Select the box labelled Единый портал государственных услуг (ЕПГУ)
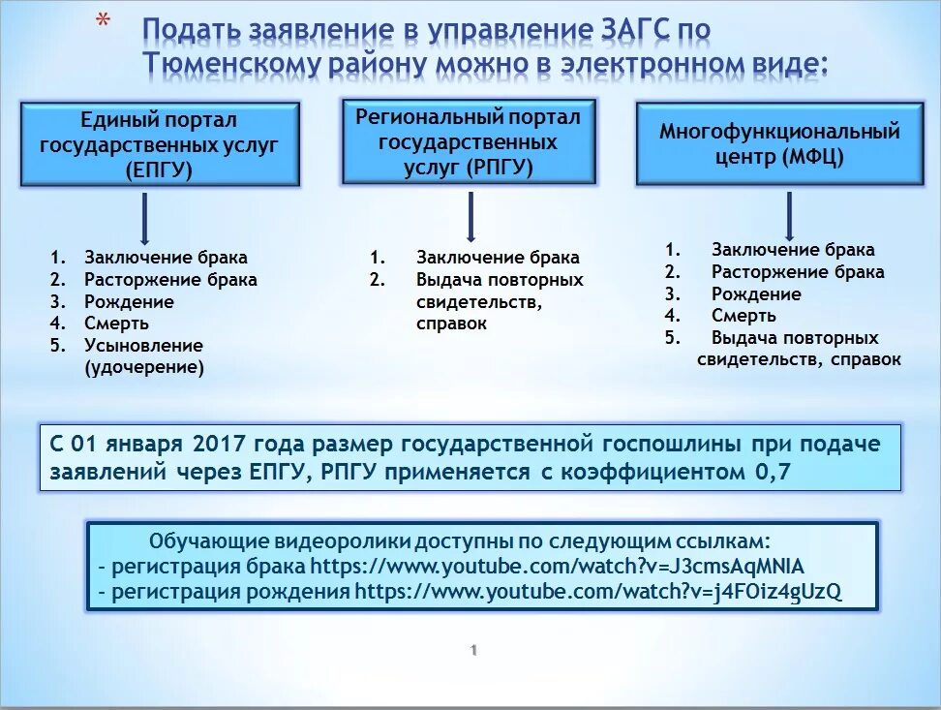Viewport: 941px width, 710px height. pos(161,145)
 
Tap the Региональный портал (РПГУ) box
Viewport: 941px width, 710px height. pos(469,142)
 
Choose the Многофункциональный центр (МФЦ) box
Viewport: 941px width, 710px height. pos(779,144)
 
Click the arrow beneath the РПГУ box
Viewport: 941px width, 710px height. pos(470,216)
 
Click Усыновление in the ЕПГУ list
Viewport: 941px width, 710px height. pos(143,346)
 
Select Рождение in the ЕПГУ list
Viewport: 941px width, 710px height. pos(129,301)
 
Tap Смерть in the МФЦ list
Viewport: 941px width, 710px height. pos(744,316)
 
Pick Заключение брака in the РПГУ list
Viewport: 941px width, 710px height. pos(498,258)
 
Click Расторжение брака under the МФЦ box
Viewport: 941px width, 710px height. pos(798,272)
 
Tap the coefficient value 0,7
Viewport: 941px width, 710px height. pos(772,473)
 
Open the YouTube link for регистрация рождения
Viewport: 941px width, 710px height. pos(598,592)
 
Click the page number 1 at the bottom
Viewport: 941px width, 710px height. pos(473,651)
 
